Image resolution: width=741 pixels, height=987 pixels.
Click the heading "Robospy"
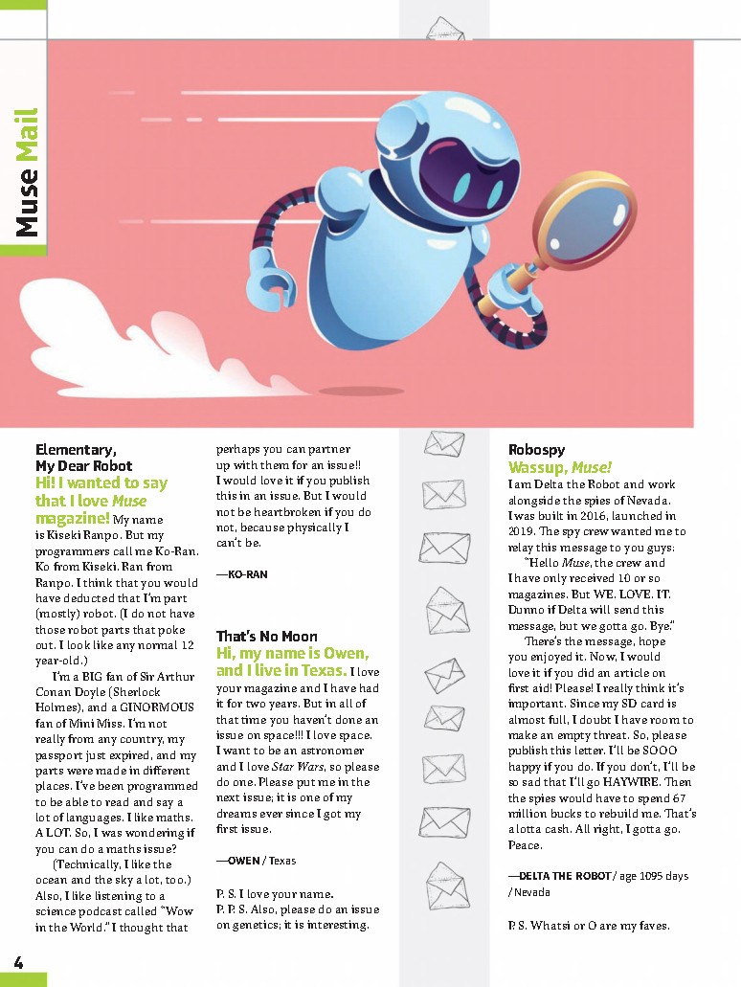(x=537, y=449)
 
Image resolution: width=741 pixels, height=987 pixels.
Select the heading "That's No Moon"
(x=266, y=636)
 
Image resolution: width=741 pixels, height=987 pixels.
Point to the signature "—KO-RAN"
(x=241, y=574)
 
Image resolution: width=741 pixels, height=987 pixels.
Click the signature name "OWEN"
(x=244, y=861)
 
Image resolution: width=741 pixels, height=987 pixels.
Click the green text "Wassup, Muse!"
(x=559, y=467)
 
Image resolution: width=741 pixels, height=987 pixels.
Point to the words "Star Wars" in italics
(x=298, y=767)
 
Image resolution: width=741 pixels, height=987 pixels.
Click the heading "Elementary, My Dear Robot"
(x=84, y=458)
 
